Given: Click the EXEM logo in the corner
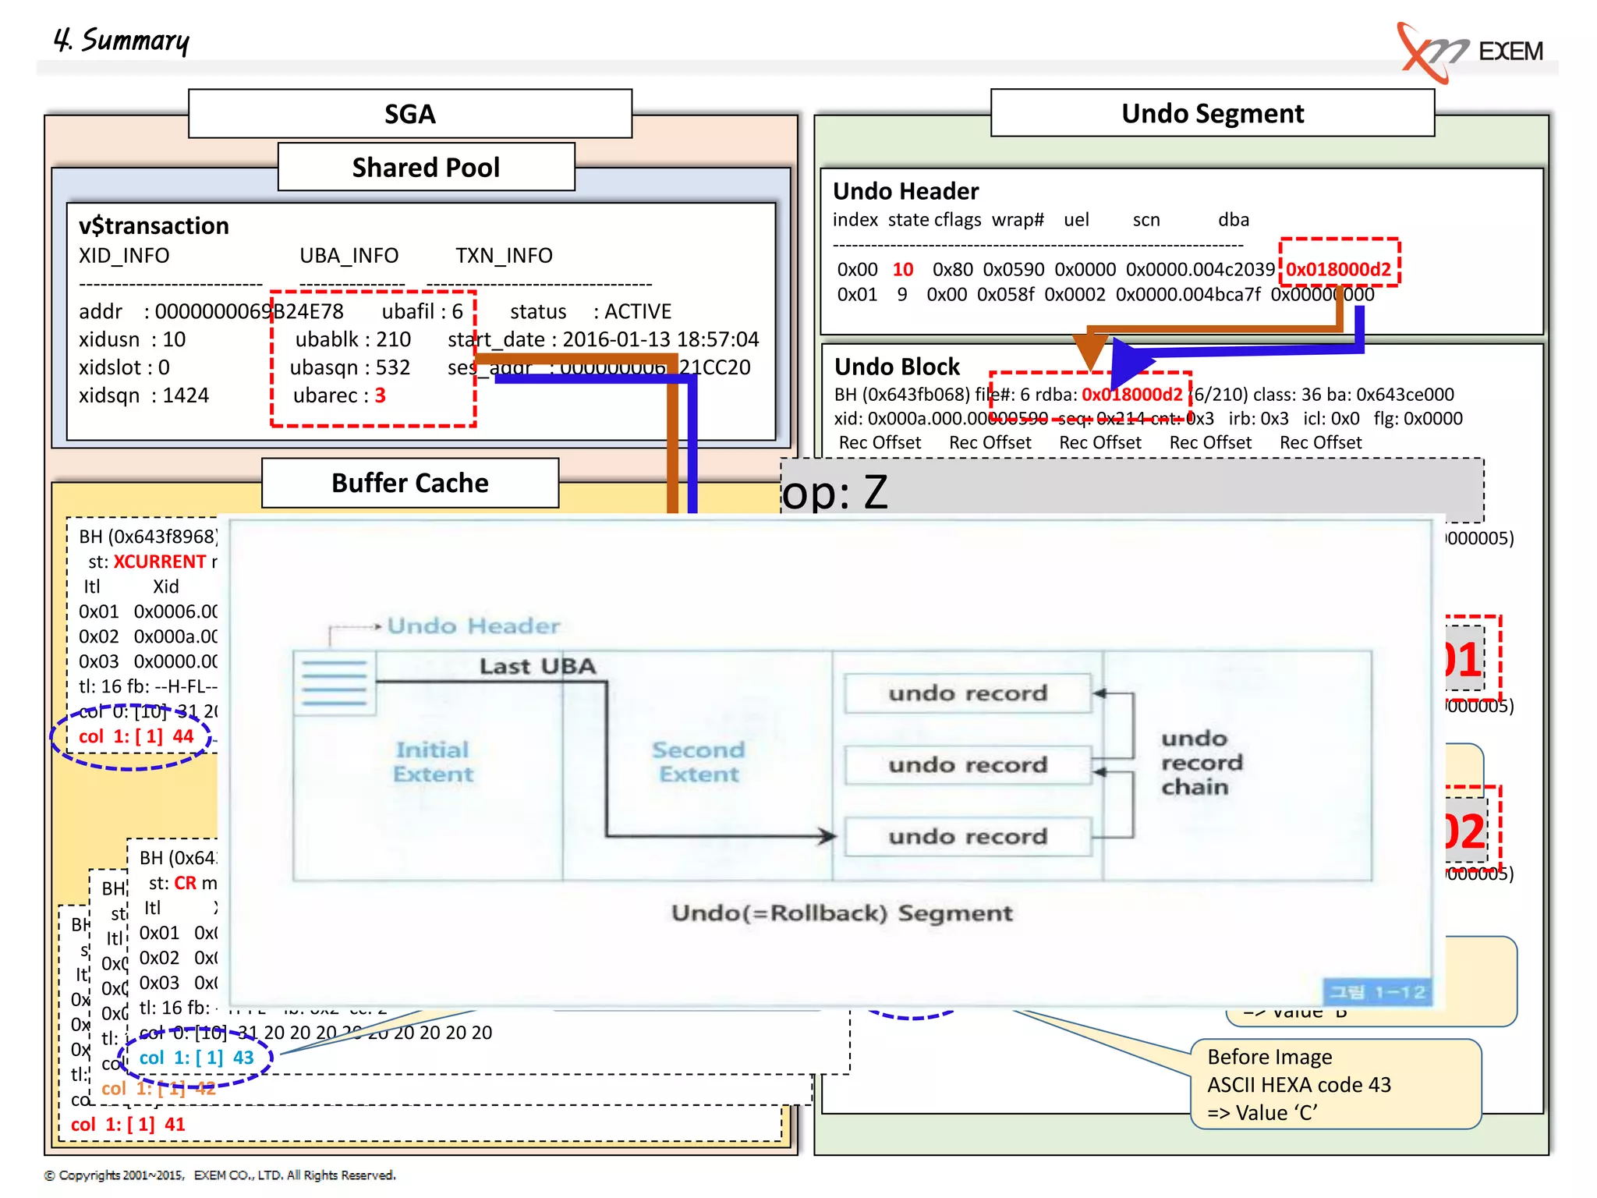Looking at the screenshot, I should click(x=1470, y=51).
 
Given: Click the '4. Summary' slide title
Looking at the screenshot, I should click(x=122, y=40).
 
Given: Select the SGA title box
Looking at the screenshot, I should click(x=410, y=114).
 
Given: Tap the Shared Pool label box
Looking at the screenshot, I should click(x=426, y=167).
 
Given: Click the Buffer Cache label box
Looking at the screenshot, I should click(x=410, y=483).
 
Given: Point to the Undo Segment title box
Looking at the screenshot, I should click(x=1212, y=114).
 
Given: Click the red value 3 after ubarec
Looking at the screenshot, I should click(x=380, y=395).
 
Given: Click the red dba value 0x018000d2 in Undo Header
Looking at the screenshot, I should click(x=1338, y=270).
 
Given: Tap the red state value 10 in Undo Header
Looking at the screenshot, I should click(x=902, y=270).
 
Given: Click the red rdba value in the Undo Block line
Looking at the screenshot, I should click(x=1131, y=395).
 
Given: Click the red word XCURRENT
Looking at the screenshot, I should click(x=160, y=562).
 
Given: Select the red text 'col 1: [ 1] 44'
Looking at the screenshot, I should click(x=136, y=736).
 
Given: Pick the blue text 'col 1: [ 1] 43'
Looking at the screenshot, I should click(x=197, y=1058).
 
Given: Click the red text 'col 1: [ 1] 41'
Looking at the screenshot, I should click(x=128, y=1124).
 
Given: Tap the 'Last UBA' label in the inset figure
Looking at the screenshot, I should click(x=537, y=666).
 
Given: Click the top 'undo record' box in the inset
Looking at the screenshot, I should click(x=968, y=693).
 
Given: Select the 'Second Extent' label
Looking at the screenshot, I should click(x=698, y=762).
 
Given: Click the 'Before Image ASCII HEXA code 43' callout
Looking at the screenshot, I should click(x=1335, y=1084).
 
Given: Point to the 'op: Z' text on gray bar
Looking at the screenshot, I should click(x=834, y=492).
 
